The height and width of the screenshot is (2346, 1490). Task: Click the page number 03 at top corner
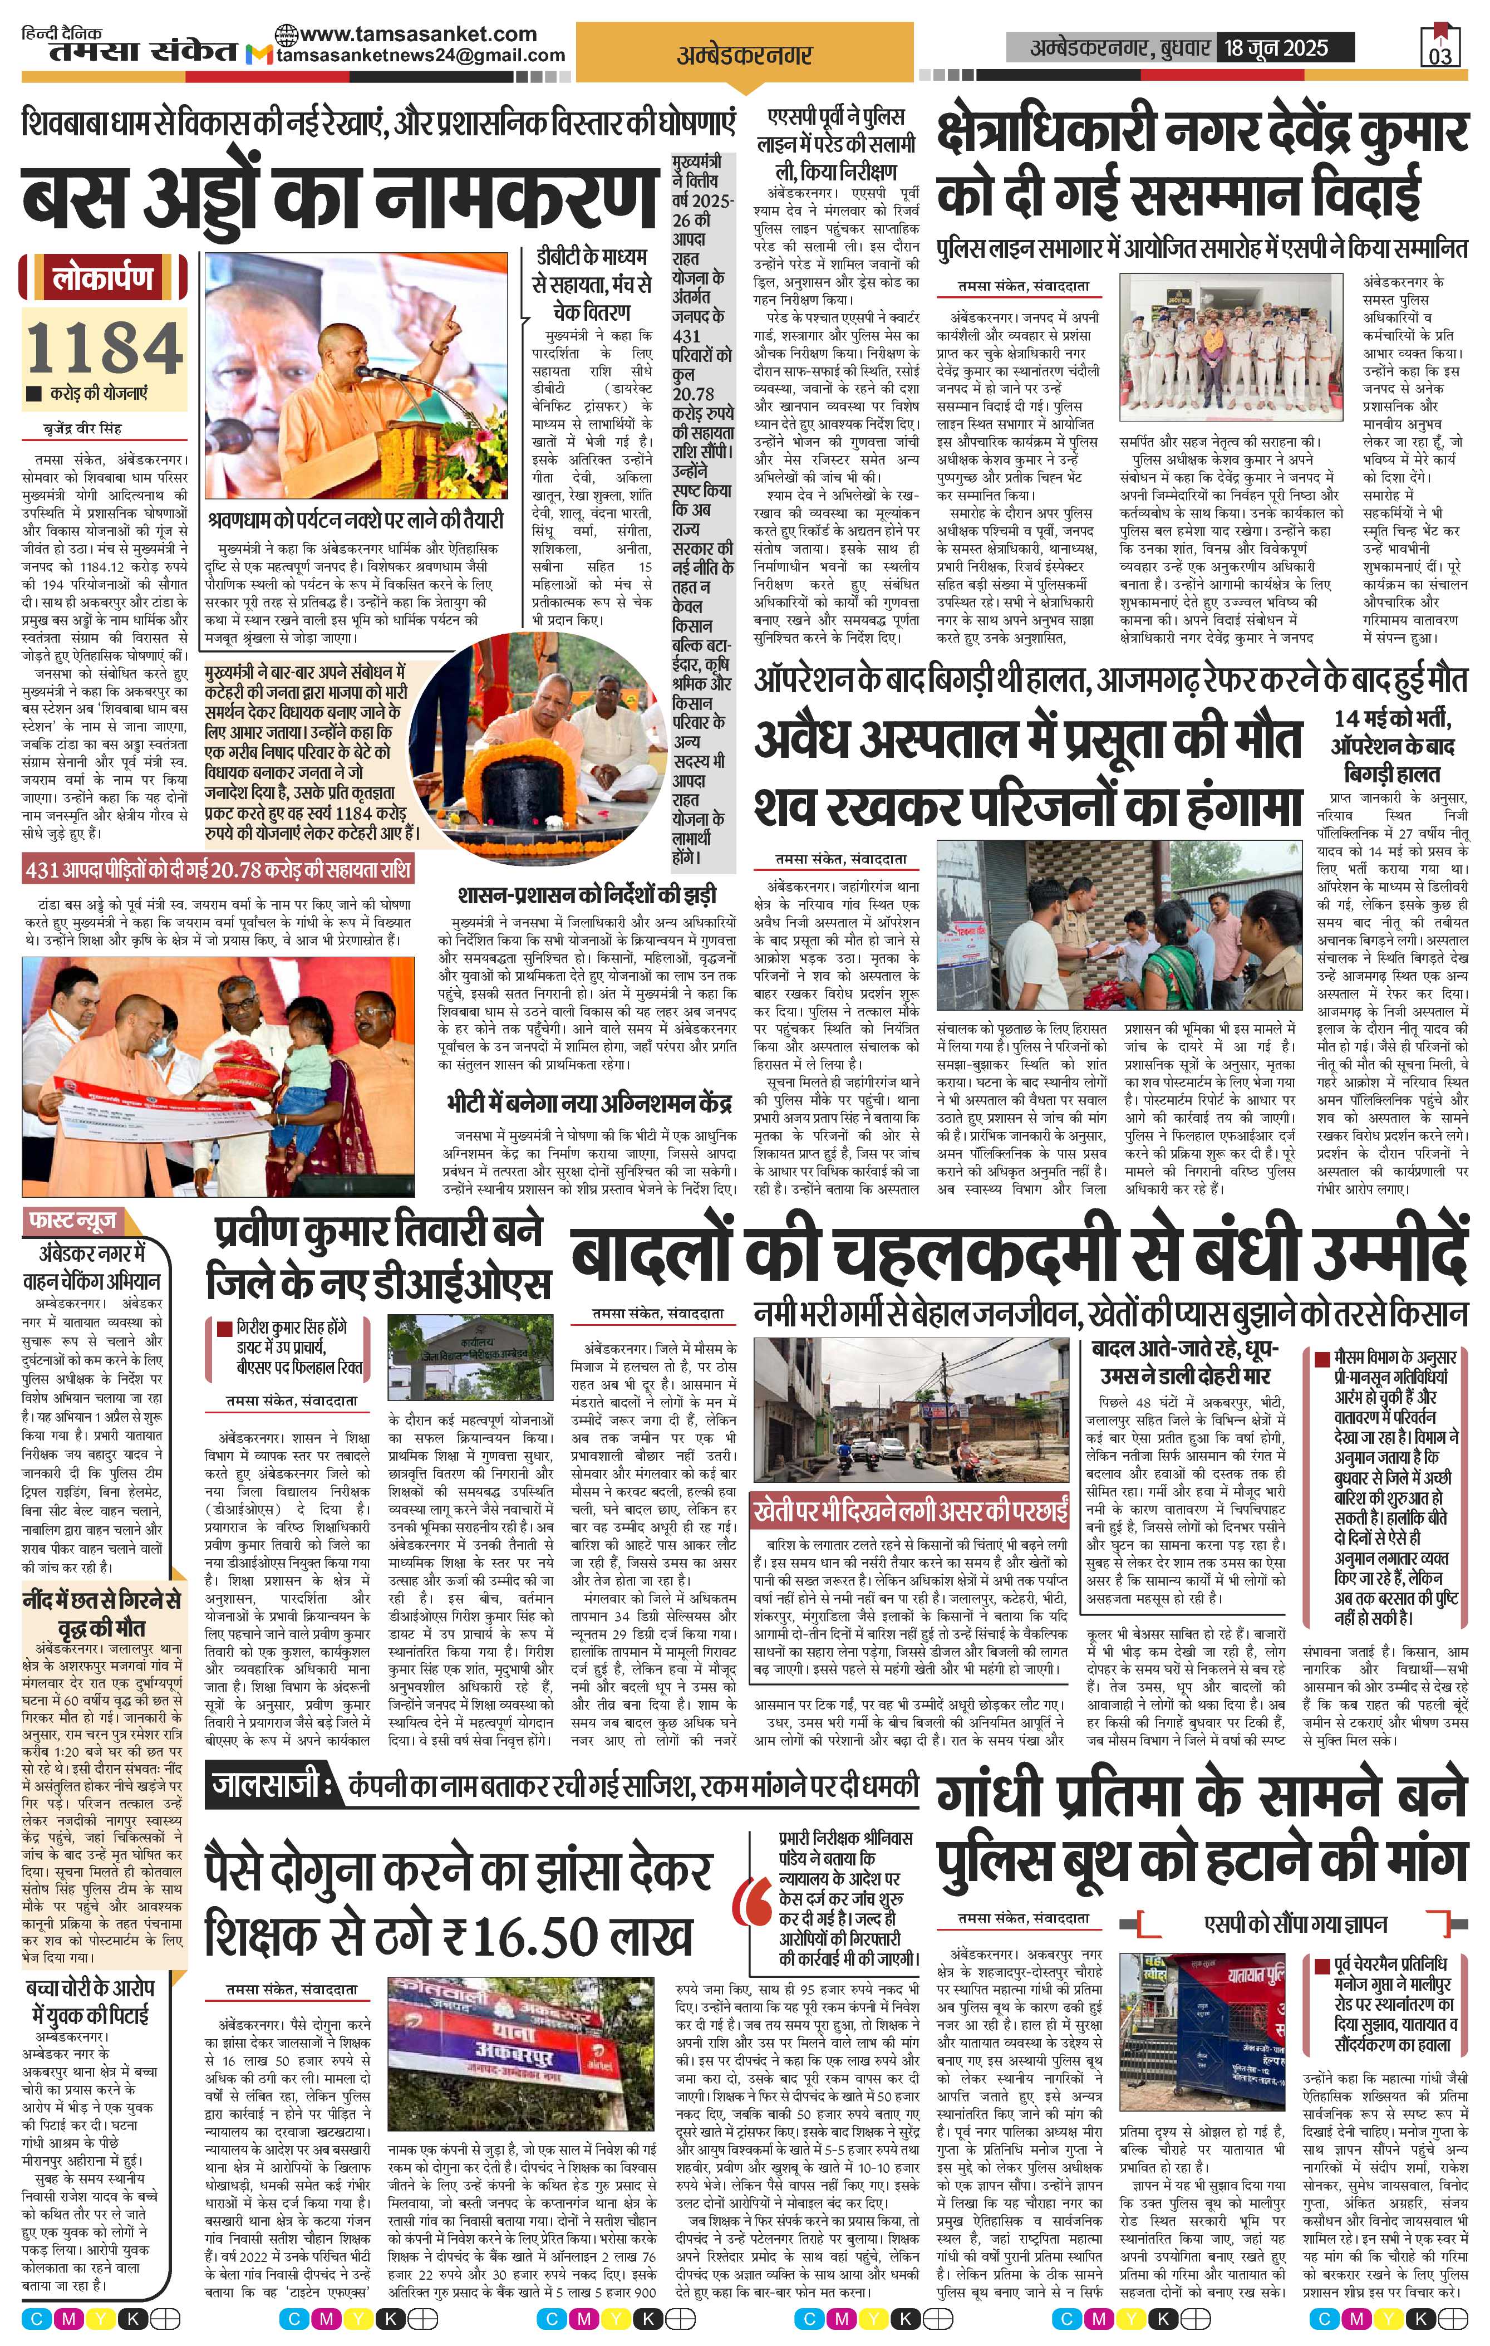[x=1440, y=55]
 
